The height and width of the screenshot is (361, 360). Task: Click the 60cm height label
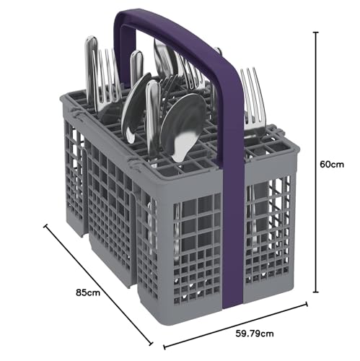click(x=332, y=165)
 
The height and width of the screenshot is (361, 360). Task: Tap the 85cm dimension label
click(x=88, y=292)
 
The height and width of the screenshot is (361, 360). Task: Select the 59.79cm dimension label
click(x=255, y=334)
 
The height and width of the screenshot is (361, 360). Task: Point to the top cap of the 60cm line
click(x=316, y=32)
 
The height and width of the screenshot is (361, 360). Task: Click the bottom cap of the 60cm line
click(x=316, y=292)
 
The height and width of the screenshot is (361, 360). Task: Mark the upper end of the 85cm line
click(x=45, y=226)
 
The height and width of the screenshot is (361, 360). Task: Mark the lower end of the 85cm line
click(x=151, y=344)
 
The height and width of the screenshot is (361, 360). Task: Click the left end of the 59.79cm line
click(x=164, y=347)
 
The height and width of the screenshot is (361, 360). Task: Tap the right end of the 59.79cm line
click(x=307, y=304)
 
